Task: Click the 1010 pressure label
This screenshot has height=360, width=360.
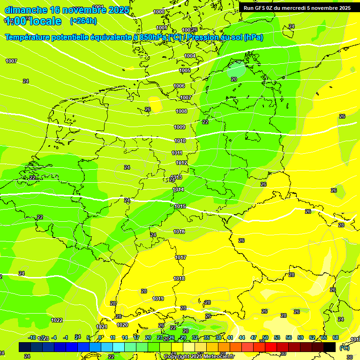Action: pos(180,141)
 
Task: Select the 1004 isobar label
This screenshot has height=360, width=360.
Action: pos(190,56)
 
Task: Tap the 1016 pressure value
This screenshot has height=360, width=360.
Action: pos(179,232)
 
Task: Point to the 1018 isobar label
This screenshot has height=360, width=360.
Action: pos(180,278)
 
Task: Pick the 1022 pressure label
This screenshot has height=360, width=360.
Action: pos(57,320)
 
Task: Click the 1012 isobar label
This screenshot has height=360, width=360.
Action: pos(182,163)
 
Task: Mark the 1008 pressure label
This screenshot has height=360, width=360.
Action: pos(181,111)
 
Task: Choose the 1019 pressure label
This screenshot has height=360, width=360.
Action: pos(158,299)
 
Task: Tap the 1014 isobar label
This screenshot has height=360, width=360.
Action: pos(179,189)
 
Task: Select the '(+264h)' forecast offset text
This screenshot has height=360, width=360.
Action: pos(83,21)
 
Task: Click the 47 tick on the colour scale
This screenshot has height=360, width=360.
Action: pos(254,337)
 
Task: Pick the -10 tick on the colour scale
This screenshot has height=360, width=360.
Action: pos(32,337)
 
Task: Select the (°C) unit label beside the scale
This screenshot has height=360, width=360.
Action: pos(345,347)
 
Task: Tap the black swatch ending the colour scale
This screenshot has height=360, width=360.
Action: pos(330,347)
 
